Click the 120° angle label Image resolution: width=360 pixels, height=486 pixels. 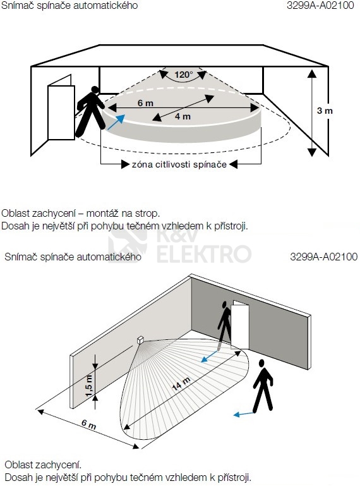(x=183, y=75)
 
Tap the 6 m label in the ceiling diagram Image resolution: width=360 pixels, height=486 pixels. (x=145, y=103)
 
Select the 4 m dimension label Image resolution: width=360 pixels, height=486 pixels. (x=183, y=116)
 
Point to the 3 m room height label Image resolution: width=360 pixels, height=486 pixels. (x=325, y=111)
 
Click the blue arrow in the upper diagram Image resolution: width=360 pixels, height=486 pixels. (x=116, y=122)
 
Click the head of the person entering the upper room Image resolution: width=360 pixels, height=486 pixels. (x=95, y=90)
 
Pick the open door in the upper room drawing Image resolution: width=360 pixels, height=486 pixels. (x=61, y=107)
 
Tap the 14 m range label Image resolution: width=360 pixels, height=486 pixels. (x=181, y=384)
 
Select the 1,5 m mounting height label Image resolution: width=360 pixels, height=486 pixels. (x=89, y=386)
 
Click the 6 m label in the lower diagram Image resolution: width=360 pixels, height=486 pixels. (x=88, y=424)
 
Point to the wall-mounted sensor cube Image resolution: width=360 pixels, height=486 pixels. (x=140, y=340)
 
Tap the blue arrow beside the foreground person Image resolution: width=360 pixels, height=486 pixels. (x=244, y=414)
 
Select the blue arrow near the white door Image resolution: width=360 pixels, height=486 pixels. (x=210, y=356)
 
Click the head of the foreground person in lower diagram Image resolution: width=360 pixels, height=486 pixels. (x=262, y=363)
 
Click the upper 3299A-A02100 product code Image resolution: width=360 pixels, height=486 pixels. (x=320, y=5)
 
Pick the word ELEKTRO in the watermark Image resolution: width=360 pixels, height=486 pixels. (x=204, y=254)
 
